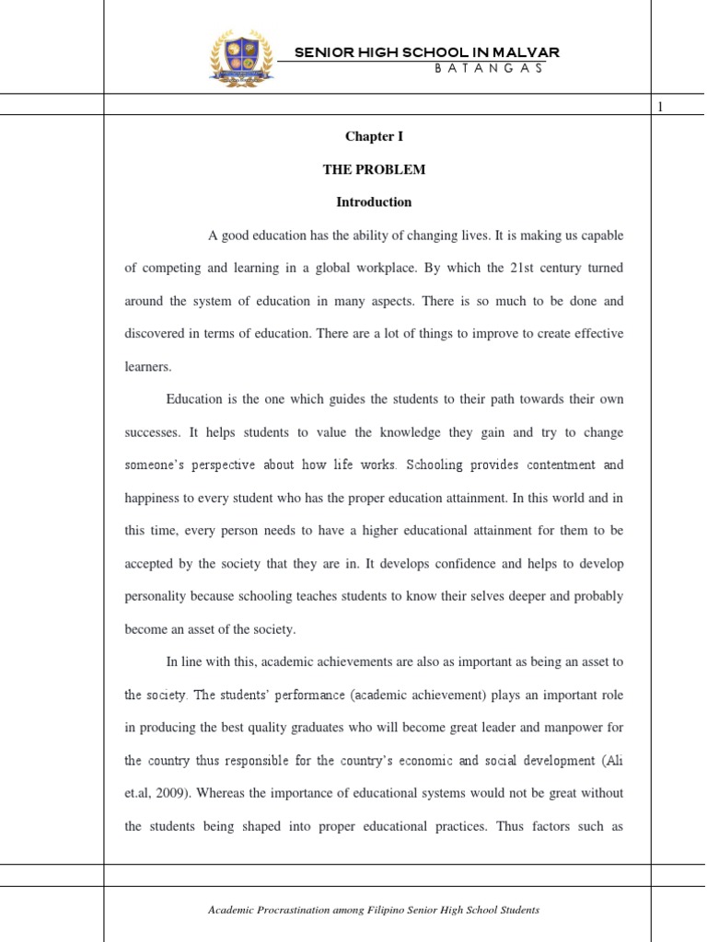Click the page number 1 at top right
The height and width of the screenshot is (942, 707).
(x=659, y=109)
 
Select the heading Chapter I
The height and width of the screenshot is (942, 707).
(x=374, y=136)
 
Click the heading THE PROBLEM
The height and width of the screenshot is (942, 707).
(x=374, y=169)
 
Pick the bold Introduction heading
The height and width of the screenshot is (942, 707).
(x=374, y=202)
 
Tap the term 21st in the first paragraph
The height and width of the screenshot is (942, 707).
(x=521, y=269)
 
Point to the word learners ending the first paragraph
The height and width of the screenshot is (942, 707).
(x=148, y=366)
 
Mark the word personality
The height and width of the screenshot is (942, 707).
(x=156, y=596)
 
